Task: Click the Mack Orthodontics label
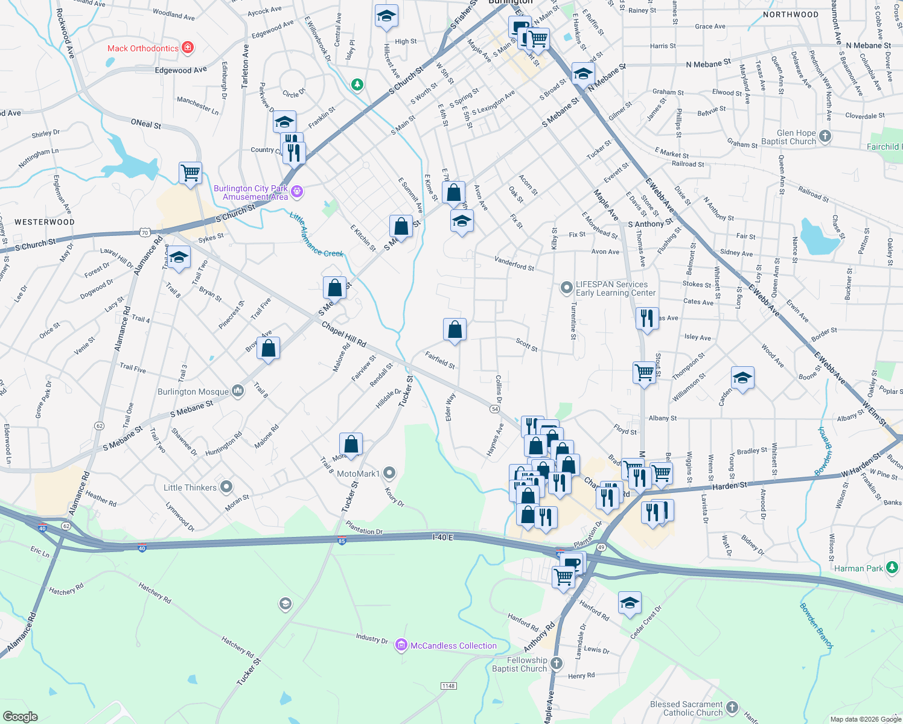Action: (143, 48)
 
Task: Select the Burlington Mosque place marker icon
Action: (238, 392)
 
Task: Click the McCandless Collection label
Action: (453, 646)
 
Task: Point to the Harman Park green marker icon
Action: (892, 568)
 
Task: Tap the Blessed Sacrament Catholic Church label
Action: (686, 708)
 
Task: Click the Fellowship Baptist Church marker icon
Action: (556, 664)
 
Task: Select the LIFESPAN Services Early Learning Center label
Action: (615, 288)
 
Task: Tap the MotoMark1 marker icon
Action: (389, 473)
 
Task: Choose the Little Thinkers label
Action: (190, 487)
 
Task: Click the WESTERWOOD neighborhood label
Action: (45, 222)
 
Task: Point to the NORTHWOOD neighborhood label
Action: (791, 14)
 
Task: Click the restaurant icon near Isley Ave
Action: (646, 318)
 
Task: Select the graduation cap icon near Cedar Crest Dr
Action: (630, 603)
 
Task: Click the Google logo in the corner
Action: (20, 716)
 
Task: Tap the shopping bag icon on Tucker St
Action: (351, 445)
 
